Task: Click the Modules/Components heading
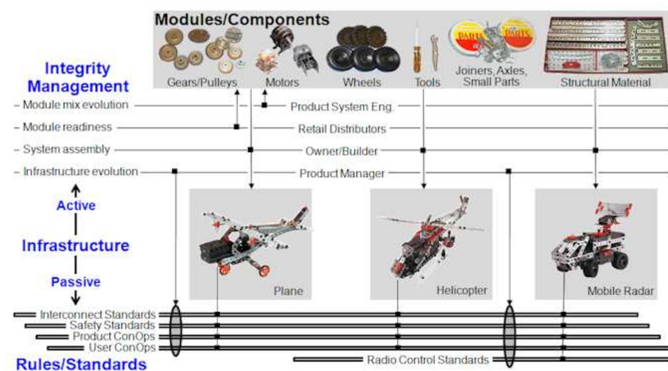tap(242, 20)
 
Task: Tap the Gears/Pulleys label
tap(202, 82)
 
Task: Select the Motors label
tap(282, 82)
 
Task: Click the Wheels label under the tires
tap(362, 82)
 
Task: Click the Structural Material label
tap(605, 82)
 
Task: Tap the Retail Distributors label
tap(342, 129)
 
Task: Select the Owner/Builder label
tap(342, 151)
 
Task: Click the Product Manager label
tap(342, 174)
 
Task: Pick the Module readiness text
tap(67, 127)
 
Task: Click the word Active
tap(76, 206)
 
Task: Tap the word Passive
tap(76, 282)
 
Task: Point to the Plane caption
tap(288, 291)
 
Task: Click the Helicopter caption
tap(462, 290)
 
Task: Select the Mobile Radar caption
tap(620, 291)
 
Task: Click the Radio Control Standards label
tap(428, 360)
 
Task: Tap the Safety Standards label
tap(112, 325)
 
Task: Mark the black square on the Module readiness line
tap(236, 127)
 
